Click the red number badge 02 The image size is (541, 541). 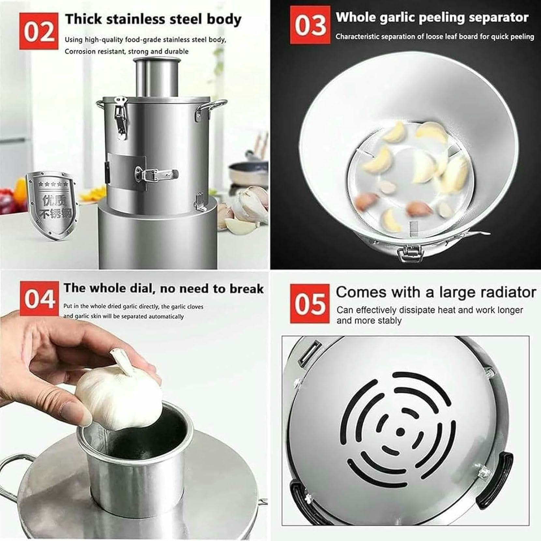tap(39, 32)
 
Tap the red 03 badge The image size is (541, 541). tap(310, 25)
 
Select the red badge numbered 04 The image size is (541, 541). tap(39, 299)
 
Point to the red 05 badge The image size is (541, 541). tap(310, 303)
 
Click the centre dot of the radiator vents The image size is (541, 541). tap(401, 432)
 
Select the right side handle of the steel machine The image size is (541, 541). tap(211, 109)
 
